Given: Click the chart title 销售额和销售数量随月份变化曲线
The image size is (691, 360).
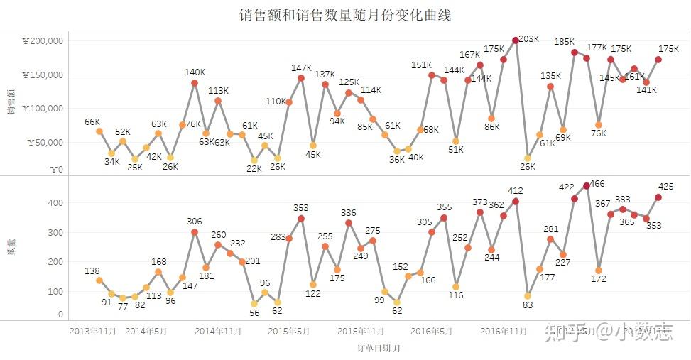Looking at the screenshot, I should pos(346,15).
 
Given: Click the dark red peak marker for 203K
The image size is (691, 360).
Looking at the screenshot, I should pos(516,40).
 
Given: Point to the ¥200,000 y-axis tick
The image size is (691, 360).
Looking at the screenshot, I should pos(44,41).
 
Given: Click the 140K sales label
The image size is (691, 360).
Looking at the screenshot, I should pos(195,72).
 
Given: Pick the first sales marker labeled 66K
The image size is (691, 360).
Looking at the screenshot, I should pos(99,131).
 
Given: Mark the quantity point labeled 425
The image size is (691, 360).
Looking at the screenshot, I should pos(658,197).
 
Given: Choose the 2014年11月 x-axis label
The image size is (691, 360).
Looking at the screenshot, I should pos(218,331).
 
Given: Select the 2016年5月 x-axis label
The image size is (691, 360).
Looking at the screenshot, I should pos(432,331).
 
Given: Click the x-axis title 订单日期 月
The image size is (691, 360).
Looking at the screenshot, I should pos(379,349).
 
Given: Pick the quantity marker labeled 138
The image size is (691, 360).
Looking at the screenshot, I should pos(99,280).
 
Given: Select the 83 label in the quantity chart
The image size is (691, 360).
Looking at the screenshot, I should pos(527,305).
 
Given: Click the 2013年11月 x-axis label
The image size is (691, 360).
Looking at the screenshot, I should pos(92,331).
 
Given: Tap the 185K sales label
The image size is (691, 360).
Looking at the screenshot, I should pos(565,42).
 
